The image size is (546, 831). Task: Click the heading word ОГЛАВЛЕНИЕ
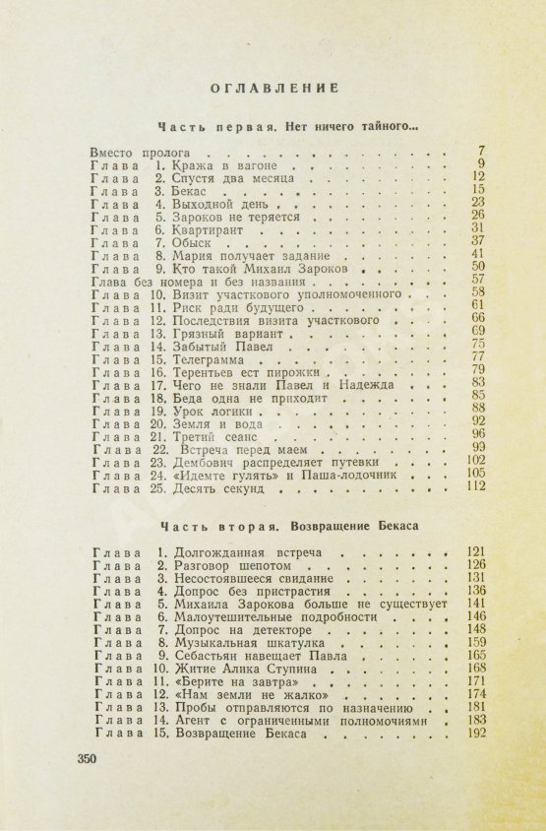tap(274, 87)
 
